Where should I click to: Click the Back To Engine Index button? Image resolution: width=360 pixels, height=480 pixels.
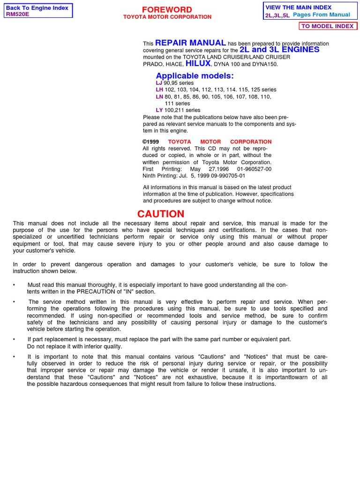[x=37, y=8]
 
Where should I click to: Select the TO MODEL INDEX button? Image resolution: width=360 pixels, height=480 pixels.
[x=327, y=26]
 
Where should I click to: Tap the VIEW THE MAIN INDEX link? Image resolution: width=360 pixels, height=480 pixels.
[x=298, y=7]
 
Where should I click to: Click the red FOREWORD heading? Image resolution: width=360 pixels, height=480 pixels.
[x=167, y=10]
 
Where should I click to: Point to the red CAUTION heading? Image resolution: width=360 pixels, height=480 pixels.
[x=161, y=214]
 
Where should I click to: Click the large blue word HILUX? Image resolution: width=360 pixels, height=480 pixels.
[x=198, y=63]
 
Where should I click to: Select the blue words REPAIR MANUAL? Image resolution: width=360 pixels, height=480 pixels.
[x=190, y=43]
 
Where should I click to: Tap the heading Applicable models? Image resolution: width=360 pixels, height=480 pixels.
[x=195, y=76]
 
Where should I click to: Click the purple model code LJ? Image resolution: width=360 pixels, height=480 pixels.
[x=159, y=83]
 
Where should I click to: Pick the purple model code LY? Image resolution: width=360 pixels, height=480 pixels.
[x=159, y=110]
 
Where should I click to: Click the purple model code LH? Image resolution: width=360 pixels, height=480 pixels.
[x=159, y=90]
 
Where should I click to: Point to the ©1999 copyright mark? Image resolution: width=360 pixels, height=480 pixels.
[x=151, y=142]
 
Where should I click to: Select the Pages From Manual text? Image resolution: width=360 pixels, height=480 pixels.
[x=321, y=15]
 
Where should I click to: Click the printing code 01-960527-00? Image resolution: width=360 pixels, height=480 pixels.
[x=254, y=169]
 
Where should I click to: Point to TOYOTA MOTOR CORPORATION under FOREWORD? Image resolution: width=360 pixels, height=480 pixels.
[x=167, y=17]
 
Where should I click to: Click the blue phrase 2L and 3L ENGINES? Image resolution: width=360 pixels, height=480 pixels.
[x=279, y=49]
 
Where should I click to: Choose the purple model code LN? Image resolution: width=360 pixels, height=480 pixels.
[x=159, y=97]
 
